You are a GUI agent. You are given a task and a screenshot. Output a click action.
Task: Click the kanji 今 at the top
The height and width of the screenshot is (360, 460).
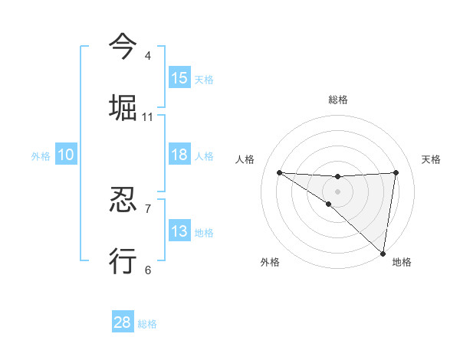click(x=123, y=46)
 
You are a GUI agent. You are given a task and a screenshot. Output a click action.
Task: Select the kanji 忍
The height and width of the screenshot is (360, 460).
click(x=123, y=199)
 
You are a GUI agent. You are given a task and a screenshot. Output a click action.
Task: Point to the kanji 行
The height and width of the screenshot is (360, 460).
click(x=123, y=260)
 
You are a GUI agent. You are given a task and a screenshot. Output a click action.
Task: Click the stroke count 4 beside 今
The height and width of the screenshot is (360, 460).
click(x=148, y=56)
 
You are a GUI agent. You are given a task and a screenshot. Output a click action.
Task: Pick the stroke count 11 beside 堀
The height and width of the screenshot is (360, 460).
click(x=148, y=117)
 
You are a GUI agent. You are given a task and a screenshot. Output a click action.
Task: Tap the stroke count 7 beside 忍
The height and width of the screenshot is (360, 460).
click(x=148, y=208)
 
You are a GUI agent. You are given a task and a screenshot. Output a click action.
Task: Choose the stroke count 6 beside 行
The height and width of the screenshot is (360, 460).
click(x=148, y=270)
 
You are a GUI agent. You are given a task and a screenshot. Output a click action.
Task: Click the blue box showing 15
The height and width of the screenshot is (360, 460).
click(x=179, y=78)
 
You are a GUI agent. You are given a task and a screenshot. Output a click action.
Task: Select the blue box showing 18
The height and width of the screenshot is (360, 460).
click(x=179, y=155)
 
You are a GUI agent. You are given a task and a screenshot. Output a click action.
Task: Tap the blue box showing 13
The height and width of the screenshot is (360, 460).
click(x=179, y=231)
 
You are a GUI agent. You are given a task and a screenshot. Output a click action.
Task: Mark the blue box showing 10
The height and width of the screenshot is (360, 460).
click(x=66, y=155)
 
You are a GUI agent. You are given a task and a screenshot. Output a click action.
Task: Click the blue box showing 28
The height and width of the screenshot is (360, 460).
click(x=123, y=322)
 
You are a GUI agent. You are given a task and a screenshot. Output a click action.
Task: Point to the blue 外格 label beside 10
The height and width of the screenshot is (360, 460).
click(x=41, y=156)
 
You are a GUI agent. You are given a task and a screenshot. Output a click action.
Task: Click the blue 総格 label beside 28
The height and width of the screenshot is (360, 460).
click(x=147, y=324)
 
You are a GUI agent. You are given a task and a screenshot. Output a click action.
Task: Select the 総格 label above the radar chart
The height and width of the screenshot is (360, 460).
click(x=338, y=100)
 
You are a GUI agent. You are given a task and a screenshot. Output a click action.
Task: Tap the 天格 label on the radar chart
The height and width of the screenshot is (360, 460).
click(x=432, y=159)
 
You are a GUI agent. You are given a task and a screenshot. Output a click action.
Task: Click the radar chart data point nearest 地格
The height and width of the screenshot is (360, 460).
click(x=383, y=253)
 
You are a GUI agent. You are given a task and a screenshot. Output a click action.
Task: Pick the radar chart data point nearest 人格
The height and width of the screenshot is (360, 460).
click(x=279, y=172)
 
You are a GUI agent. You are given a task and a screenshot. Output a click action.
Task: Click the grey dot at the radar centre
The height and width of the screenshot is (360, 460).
click(x=338, y=191)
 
